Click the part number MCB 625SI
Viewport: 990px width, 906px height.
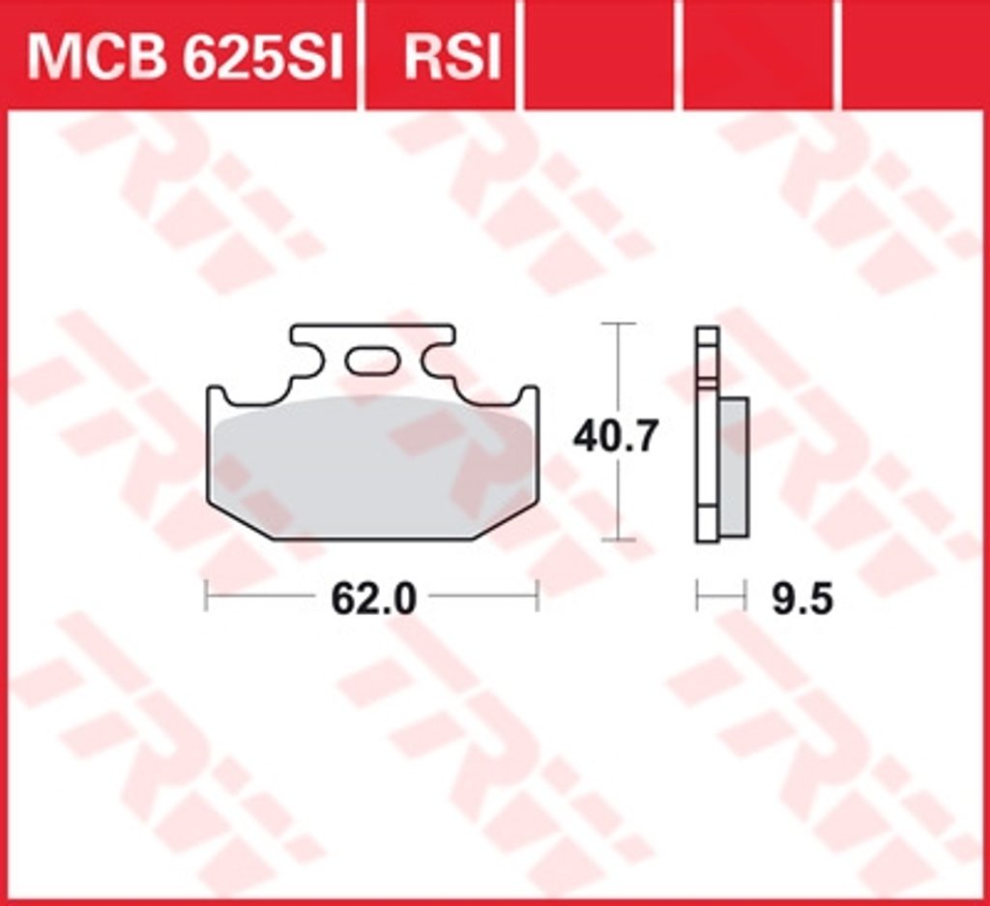coord(185,58)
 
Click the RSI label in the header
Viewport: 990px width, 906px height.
coord(452,58)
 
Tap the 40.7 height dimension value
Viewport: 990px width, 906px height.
coord(616,436)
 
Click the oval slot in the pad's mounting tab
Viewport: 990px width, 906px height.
coord(372,361)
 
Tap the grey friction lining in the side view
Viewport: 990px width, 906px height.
coord(734,467)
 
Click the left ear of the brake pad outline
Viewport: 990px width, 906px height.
coord(216,395)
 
